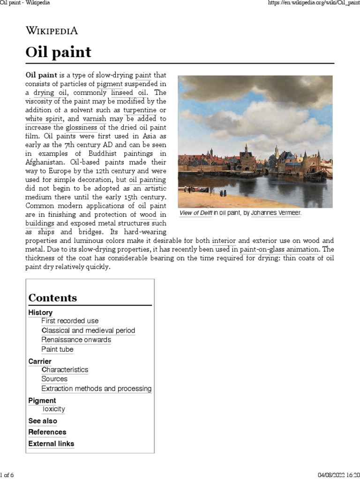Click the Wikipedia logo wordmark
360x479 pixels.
(x=52, y=31)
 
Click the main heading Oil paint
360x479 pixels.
(x=58, y=52)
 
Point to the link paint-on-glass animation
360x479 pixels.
(x=279, y=250)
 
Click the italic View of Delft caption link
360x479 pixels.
(x=196, y=213)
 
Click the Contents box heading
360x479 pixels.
(x=52, y=298)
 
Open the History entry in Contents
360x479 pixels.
(x=40, y=312)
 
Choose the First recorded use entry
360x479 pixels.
(x=70, y=321)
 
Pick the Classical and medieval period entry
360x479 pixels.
(x=88, y=331)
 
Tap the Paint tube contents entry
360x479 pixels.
(x=57, y=349)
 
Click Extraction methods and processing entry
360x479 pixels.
(x=96, y=389)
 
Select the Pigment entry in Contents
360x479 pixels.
(x=42, y=400)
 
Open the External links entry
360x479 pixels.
(x=51, y=443)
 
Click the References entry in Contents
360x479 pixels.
(x=47, y=432)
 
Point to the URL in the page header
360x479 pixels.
(x=309, y=3)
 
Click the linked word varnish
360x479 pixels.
(x=94, y=118)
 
